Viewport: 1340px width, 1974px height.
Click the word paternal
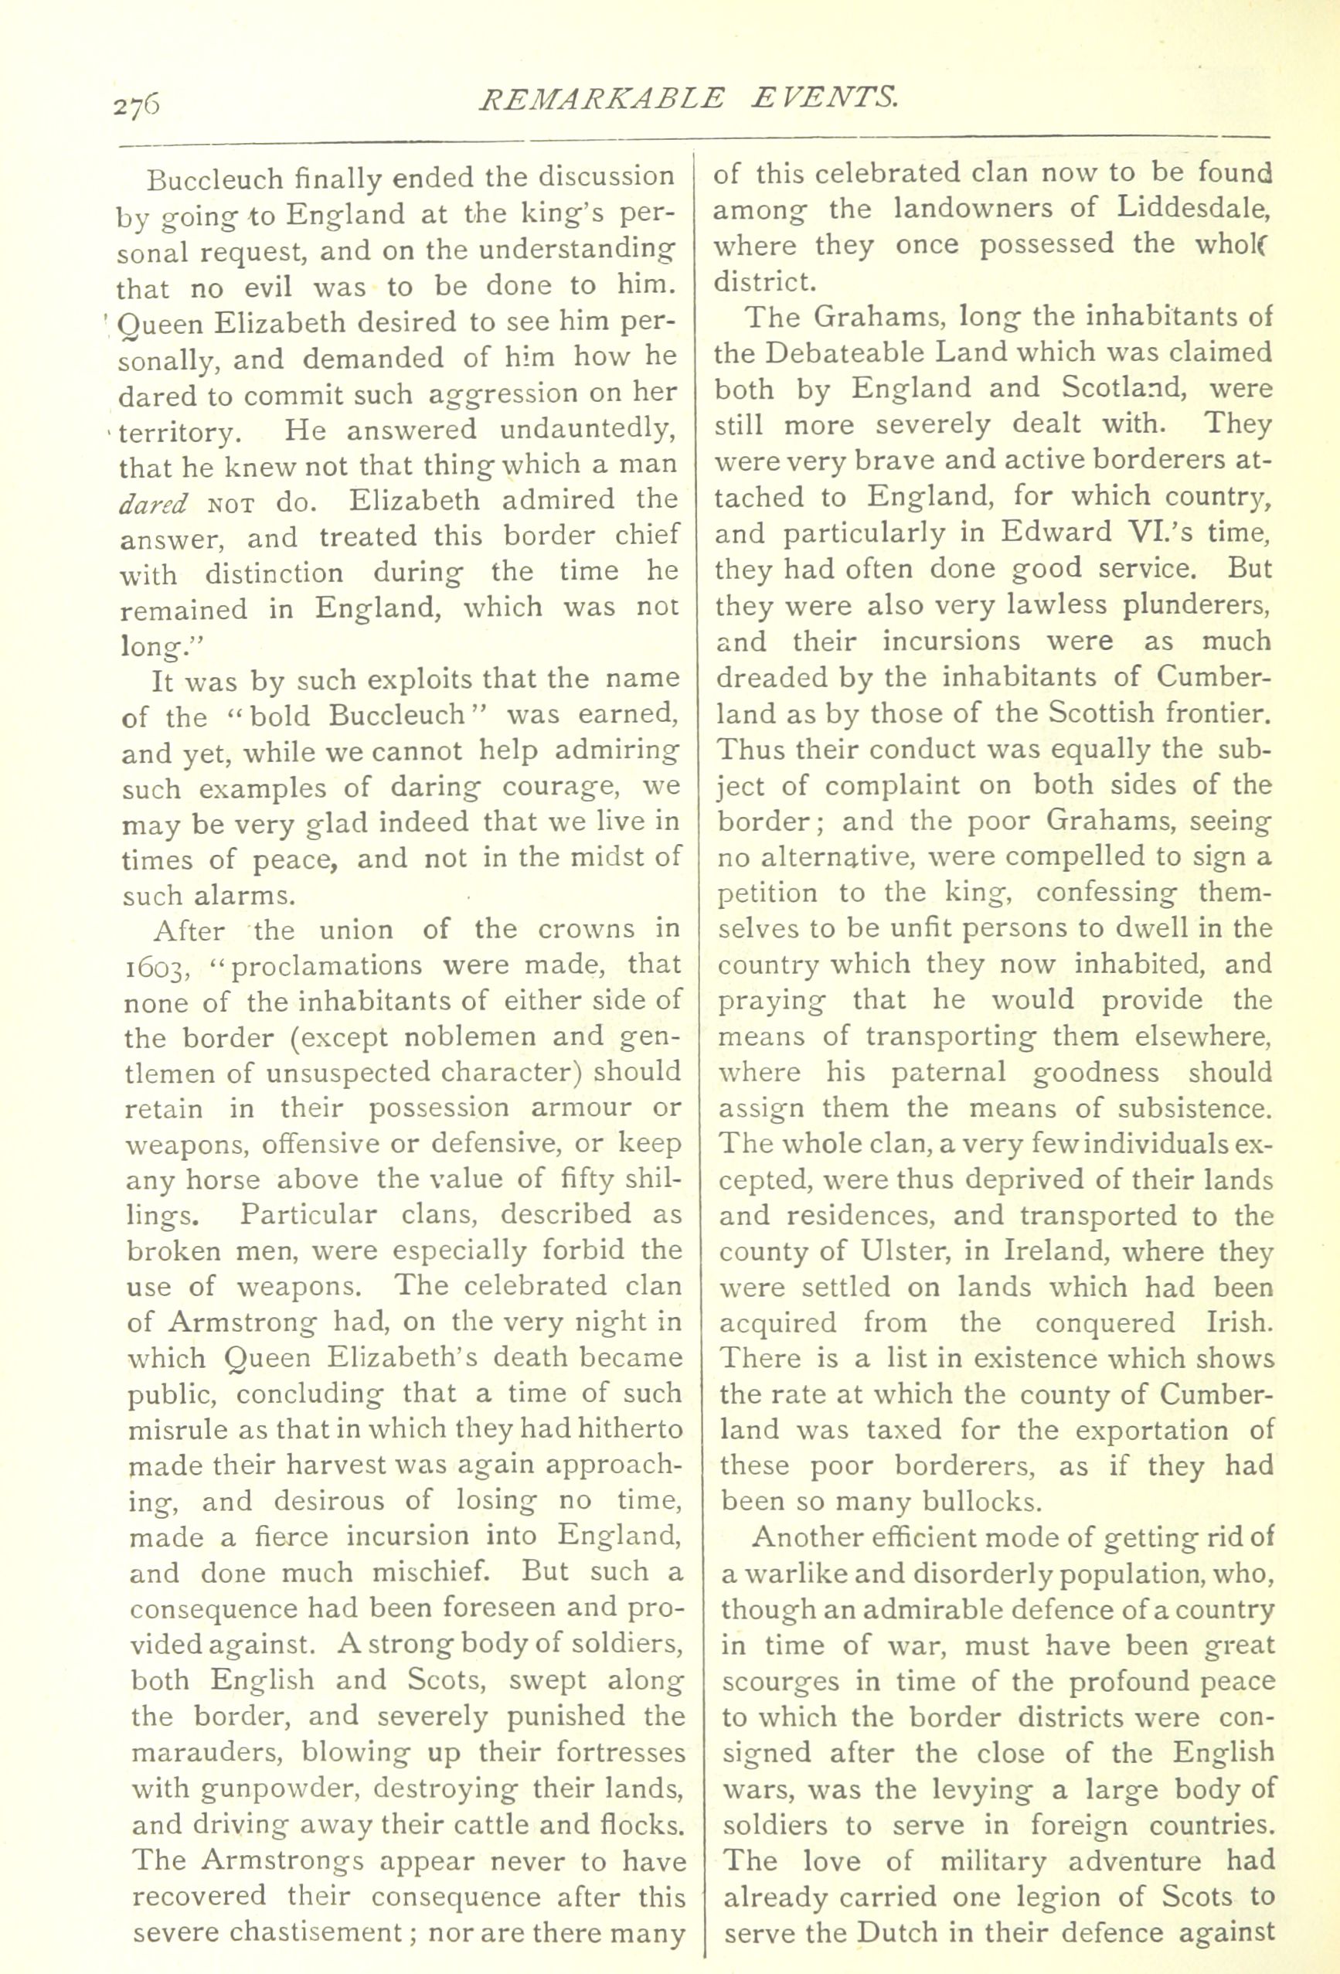click(x=948, y=1073)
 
